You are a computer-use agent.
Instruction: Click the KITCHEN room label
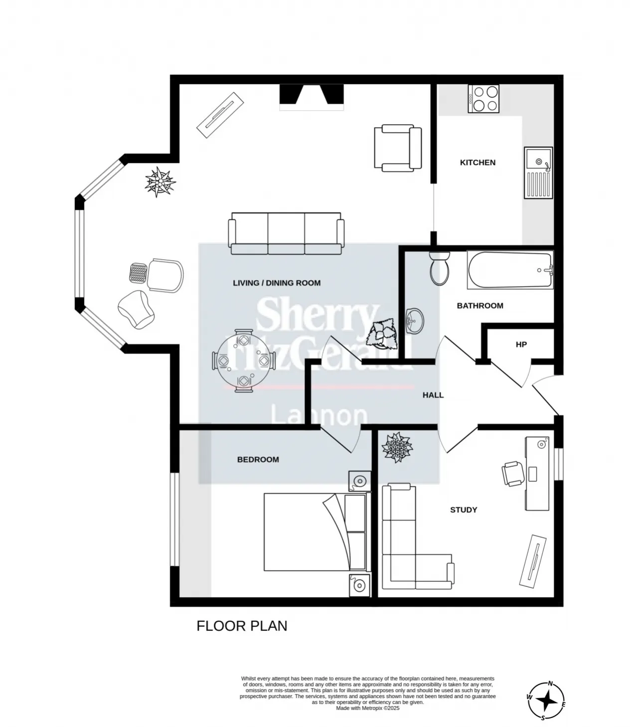click(x=477, y=163)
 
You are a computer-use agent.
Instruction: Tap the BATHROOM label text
click(x=480, y=306)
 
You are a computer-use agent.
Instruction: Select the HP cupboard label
click(x=521, y=345)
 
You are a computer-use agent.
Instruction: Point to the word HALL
click(x=433, y=395)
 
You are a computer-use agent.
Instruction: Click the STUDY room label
click(x=463, y=510)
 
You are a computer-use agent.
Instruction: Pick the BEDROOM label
click(x=258, y=460)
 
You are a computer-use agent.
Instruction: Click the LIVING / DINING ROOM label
click(x=277, y=283)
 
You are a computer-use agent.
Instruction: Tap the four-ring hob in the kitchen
click(x=483, y=99)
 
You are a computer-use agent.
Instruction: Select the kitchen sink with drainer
click(x=538, y=173)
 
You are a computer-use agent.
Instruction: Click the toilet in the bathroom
click(x=440, y=268)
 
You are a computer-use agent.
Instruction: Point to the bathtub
click(x=510, y=270)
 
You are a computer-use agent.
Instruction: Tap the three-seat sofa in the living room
click(x=286, y=233)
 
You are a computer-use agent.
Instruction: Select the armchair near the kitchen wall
click(x=398, y=148)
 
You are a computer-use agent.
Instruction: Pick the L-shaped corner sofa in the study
click(x=413, y=539)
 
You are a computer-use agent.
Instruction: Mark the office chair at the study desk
click(x=513, y=474)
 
